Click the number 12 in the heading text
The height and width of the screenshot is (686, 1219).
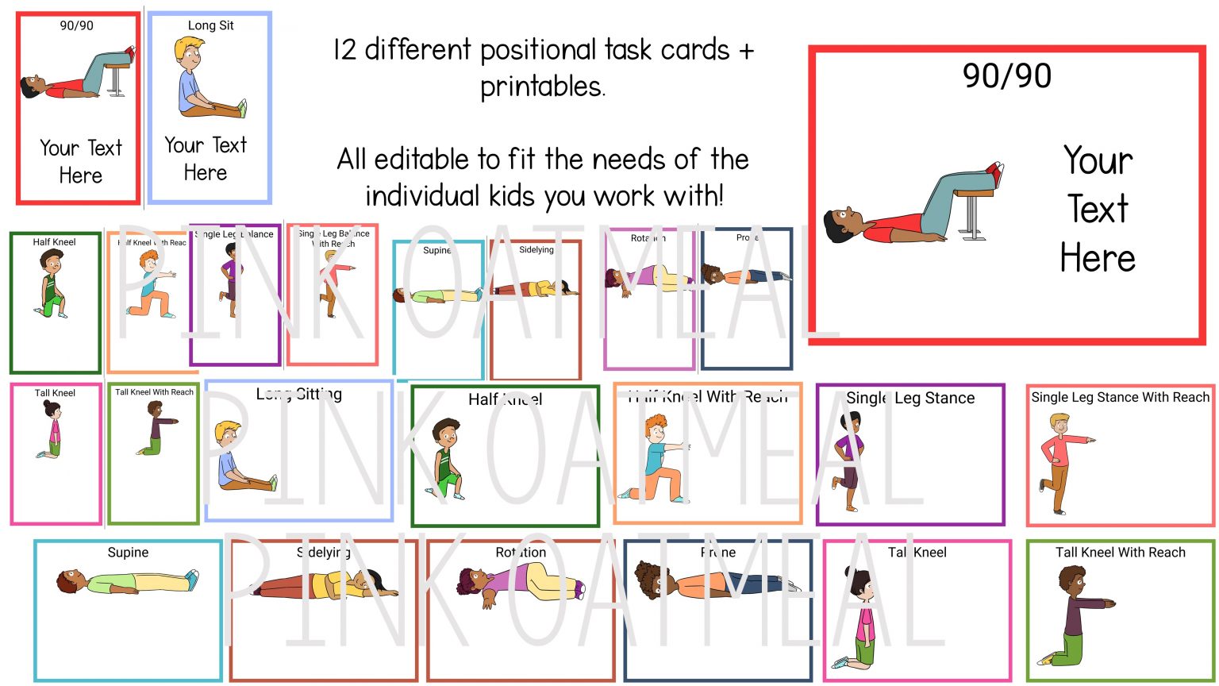coord(344,50)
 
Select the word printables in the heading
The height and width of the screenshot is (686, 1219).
coord(542,87)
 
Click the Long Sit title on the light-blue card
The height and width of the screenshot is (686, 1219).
coord(210,25)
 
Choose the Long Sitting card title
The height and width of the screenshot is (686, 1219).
coord(298,394)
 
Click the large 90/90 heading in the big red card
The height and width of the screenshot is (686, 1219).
coord(1006,76)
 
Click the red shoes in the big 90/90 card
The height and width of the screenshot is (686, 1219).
coord(994,170)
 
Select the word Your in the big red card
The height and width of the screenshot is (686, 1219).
coord(1098,160)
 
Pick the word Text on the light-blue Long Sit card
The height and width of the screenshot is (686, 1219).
coord(229,145)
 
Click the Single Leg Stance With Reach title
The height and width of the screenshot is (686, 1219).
coord(1120,397)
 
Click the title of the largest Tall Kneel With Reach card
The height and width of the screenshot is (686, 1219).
coord(1120,553)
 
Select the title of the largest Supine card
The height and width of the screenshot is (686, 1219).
coord(128,553)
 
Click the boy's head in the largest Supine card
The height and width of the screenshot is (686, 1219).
coord(67,582)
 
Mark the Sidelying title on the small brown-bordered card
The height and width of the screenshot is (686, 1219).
coord(536,250)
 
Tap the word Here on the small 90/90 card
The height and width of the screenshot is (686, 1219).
coord(81,175)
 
